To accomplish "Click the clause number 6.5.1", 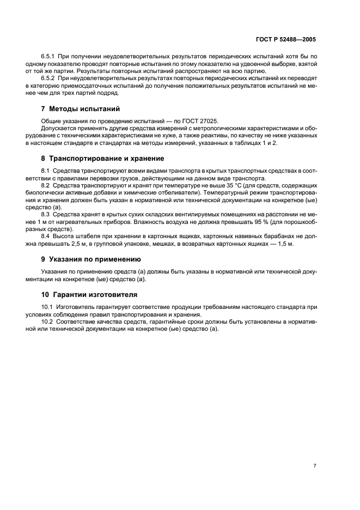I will click(49, 57).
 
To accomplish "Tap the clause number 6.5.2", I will click(49, 78).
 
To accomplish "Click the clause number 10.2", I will click(47, 323).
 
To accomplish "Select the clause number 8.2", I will click(46, 186).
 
